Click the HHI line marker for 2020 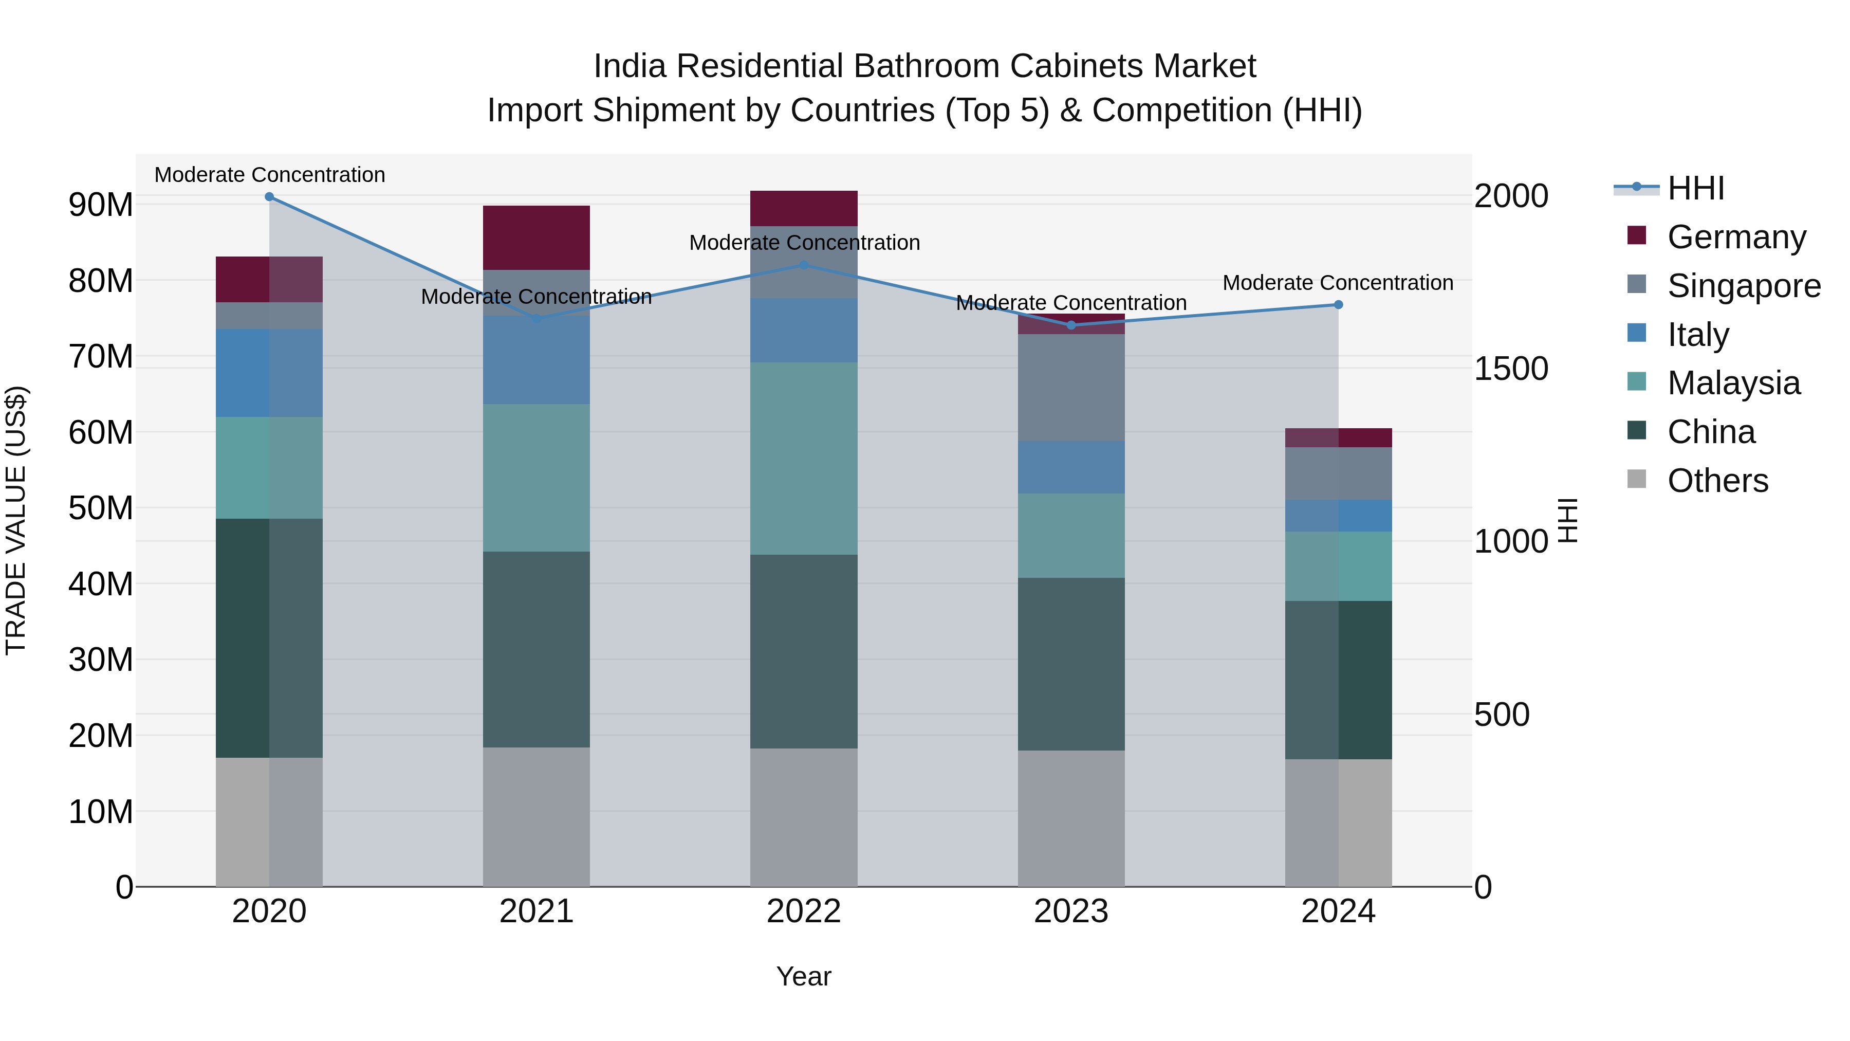(x=269, y=197)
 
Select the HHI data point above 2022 (x=804, y=265)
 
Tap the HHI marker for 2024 (x=1339, y=305)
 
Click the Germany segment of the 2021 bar (x=536, y=238)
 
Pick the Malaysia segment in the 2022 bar (x=804, y=459)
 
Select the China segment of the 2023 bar (x=1071, y=665)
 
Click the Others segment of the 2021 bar (x=536, y=817)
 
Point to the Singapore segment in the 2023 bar (x=1071, y=388)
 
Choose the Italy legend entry (x=1698, y=335)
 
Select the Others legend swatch (x=1637, y=479)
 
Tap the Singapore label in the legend (x=1744, y=286)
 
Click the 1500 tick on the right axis (x=1511, y=369)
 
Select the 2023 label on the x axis (x=1071, y=911)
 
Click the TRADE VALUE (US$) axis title (x=16, y=521)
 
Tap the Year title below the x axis (x=804, y=976)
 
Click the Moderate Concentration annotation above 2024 (x=1338, y=283)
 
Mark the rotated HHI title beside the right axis (x=1568, y=521)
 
